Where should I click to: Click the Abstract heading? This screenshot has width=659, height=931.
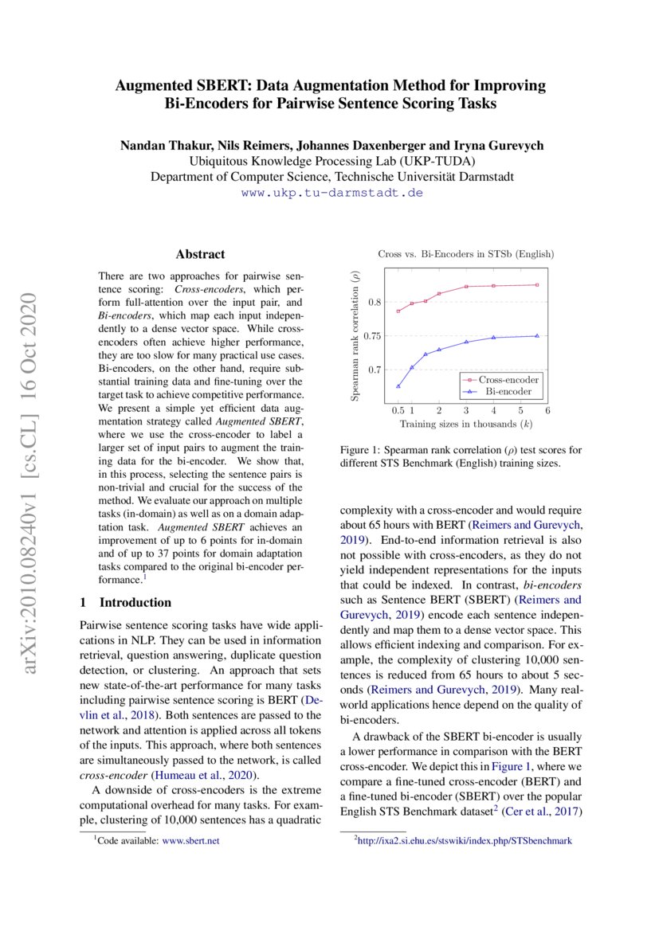200,255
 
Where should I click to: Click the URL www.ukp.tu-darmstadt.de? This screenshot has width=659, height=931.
331,193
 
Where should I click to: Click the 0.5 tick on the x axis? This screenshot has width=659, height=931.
398,410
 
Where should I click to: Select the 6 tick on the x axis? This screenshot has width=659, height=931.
547,410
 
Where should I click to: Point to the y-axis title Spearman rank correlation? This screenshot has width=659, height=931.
357,334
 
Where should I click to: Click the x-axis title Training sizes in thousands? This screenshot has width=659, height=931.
465,424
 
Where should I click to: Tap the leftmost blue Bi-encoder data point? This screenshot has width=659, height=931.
398,386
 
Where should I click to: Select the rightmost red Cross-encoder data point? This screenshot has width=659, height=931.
537,285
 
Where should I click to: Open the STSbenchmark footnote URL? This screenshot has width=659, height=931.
465,840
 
